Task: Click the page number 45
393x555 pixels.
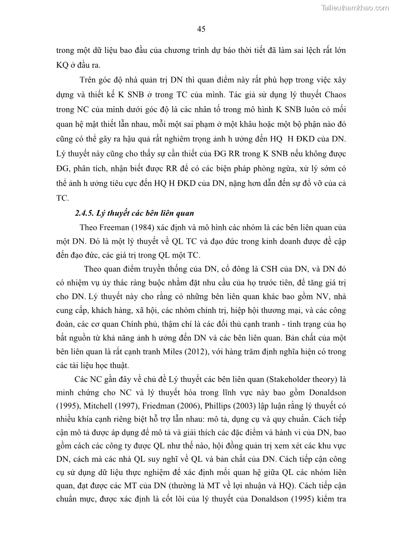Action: click(201, 29)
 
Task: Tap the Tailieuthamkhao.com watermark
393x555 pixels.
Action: click(355, 7)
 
